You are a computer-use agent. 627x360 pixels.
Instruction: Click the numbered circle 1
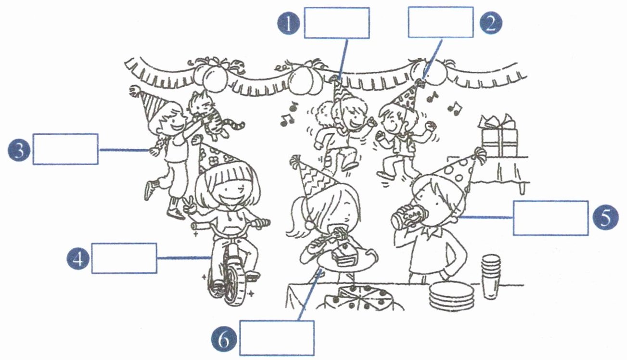(289, 23)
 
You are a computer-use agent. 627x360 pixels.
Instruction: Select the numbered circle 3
(19, 150)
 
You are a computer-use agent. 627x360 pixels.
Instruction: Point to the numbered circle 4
(77, 258)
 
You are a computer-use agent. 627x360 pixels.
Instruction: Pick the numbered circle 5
(604, 218)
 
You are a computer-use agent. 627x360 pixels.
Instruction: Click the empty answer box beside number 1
(336, 23)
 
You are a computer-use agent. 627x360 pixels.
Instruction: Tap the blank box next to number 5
(550, 218)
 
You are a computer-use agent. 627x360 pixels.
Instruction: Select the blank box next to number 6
(277, 338)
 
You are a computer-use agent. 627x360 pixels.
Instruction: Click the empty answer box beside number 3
(65, 149)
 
